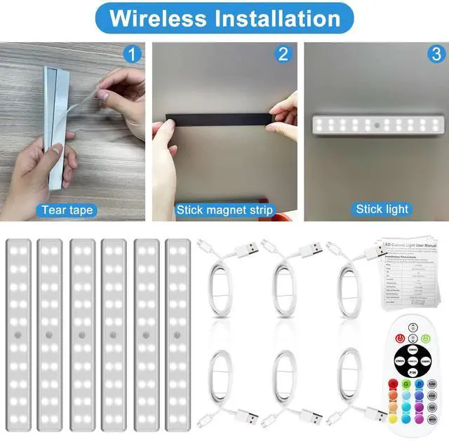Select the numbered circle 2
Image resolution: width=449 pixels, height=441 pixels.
tap(283, 53)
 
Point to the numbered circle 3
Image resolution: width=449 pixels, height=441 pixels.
tap(436, 53)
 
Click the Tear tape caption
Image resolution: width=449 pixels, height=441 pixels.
tap(67, 210)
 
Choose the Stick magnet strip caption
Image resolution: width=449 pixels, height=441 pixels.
tap(224, 210)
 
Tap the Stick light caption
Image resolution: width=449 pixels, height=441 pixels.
tap(382, 209)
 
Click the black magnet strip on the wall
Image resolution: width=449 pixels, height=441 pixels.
tap(217, 121)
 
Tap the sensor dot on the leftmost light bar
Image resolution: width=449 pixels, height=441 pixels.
tap(17, 334)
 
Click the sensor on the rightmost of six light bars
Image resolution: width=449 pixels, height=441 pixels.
tap(178, 334)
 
